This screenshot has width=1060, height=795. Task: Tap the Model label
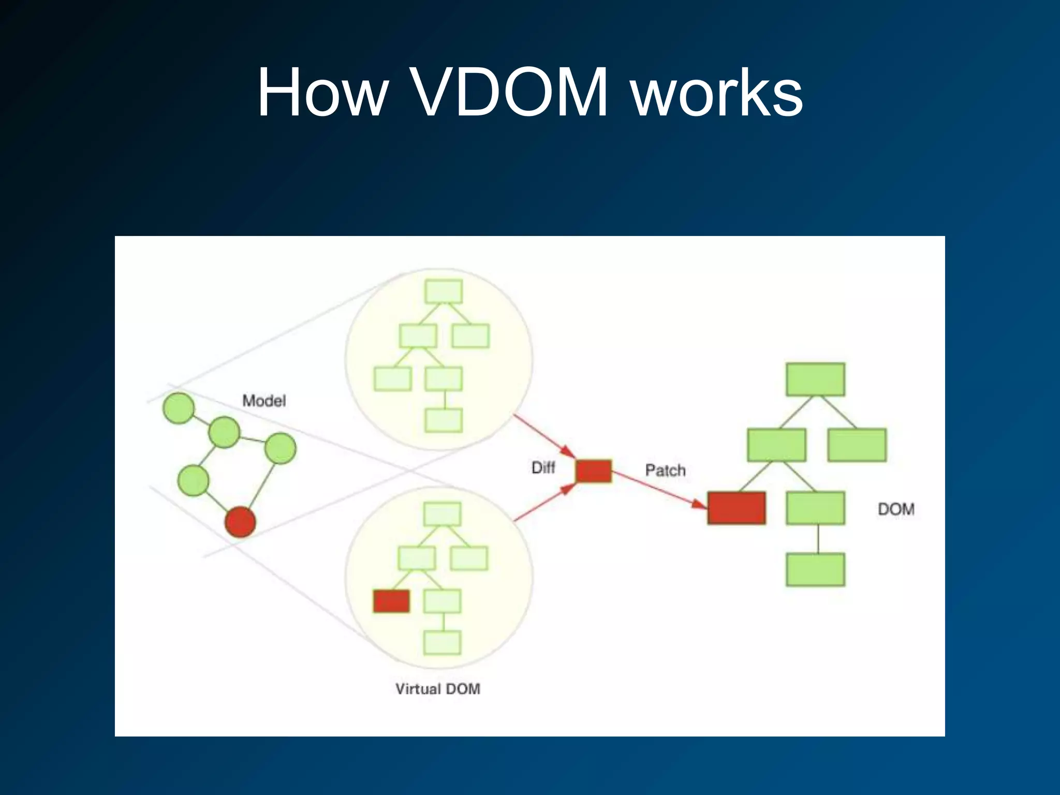point(264,401)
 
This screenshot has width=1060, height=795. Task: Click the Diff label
point(543,468)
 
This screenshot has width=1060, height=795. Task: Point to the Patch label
point(665,470)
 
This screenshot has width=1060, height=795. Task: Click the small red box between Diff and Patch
point(594,471)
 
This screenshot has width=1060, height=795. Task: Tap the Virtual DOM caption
point(438,689)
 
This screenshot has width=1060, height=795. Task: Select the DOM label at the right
point(896,509)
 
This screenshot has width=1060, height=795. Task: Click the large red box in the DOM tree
point(737,508)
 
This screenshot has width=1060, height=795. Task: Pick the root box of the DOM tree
point(815,379)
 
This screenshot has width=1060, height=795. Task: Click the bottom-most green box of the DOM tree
point(815,569)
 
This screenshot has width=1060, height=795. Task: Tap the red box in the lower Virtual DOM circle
point(392,601)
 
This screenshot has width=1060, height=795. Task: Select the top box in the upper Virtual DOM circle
point(444,291)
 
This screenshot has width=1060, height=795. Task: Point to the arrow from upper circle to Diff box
point(543,436)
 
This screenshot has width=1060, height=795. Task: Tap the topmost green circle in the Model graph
point(179,408)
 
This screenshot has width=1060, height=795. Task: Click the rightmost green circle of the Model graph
point(281,448)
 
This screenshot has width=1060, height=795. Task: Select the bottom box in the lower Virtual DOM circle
point(442,643)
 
